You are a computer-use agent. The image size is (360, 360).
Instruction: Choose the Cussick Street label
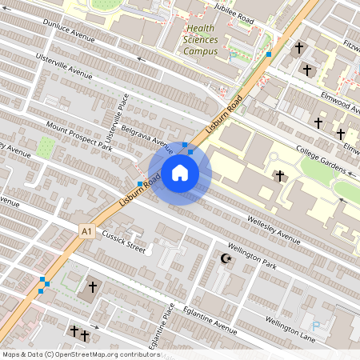point(122,242)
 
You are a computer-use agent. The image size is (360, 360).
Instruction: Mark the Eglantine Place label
point(162,330)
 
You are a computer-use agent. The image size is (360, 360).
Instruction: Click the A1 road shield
point(86,231)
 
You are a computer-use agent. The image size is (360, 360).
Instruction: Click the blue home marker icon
point(180,173)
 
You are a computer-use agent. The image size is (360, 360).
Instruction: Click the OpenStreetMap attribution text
point(70,354)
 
